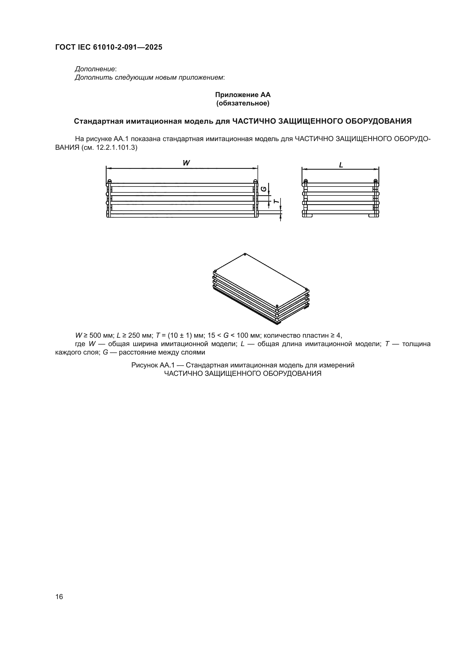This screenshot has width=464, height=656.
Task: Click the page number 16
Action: [59, 597]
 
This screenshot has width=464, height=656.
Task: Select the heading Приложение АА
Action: [243, 95]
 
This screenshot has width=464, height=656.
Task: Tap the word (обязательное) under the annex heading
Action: [243, 103]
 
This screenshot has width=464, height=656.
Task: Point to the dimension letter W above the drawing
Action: [186, 163]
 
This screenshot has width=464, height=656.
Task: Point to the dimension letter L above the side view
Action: [341, 165]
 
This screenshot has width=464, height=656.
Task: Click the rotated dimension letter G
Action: [264, 189]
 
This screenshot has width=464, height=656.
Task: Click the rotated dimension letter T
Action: [276, 201]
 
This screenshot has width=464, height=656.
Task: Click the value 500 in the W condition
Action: [95, 335]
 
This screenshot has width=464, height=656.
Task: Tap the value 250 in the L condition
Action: [134, 335]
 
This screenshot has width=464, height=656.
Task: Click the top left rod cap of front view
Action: [109, 181]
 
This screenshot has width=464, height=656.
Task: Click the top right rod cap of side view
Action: [376, 181]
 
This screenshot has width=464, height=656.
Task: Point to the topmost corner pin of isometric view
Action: [245, 254]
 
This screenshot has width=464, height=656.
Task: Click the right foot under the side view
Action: [373, 216]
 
